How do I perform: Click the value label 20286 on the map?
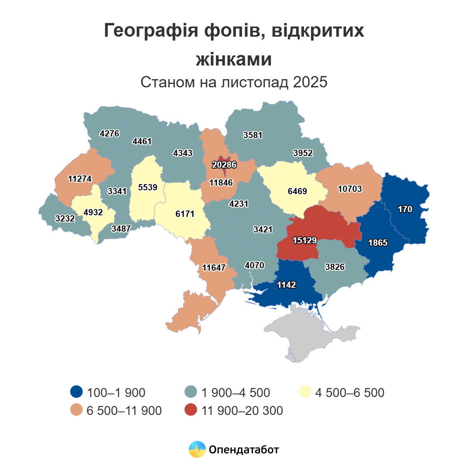(224, 165)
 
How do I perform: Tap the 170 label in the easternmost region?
(405, 209)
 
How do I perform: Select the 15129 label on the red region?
(305, 240)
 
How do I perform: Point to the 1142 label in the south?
(286, 285)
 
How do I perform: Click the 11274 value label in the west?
(80, 179)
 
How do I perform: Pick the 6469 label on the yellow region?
(297, 191)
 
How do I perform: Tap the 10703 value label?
(350, 189)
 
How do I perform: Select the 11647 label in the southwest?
(214, 268)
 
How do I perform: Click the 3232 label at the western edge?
(65, 218)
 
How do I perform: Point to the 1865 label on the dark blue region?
(378, 243)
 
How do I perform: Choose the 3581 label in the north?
(253, 135)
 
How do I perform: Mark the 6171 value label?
(185, 214)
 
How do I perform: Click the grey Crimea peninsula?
(308, 335)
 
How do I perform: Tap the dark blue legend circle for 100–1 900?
(76, 392)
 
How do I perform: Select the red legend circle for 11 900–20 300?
(191, 410)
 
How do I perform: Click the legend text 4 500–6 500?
(349, 392)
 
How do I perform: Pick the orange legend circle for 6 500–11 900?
(76, 410)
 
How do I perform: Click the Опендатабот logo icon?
(197, 449)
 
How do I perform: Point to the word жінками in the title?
(234, 60)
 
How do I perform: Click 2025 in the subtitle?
(310, 82)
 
